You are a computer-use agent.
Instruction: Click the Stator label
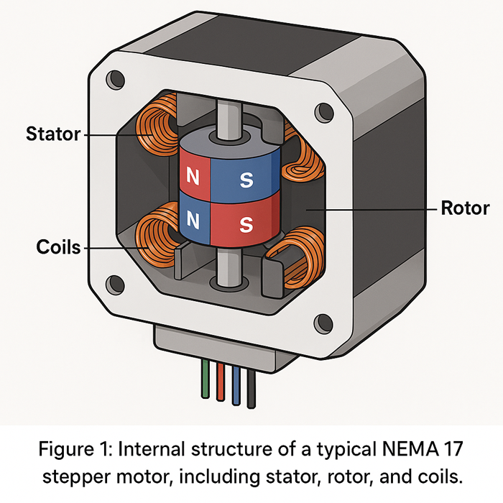click(x=53, y=134)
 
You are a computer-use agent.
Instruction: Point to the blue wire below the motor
click(x=236, y=381)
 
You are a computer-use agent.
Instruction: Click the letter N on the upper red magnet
click(x=193, y=175)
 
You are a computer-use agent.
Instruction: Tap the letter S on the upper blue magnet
click(x=246, y=180)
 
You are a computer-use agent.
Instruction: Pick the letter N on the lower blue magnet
click(x=193, y=218)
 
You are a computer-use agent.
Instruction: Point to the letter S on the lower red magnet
click(x=246, y=226)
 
